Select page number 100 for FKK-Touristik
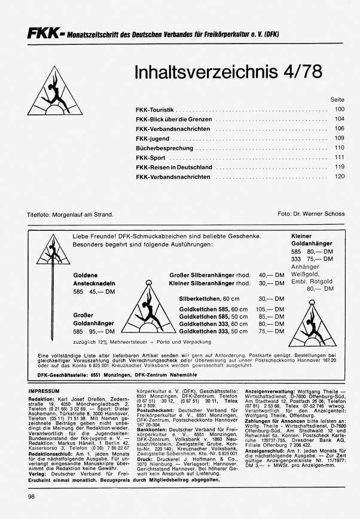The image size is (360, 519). [x=340, y=110]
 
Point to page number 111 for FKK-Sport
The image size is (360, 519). [x=340, y=157]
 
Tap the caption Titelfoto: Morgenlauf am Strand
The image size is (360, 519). [x=70, y=213]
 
